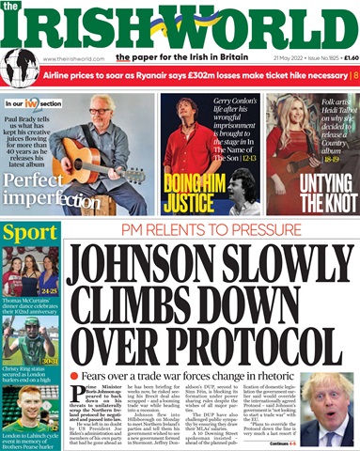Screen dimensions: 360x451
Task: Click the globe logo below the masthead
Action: [20, 69]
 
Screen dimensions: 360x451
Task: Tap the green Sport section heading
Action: [25, 231]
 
